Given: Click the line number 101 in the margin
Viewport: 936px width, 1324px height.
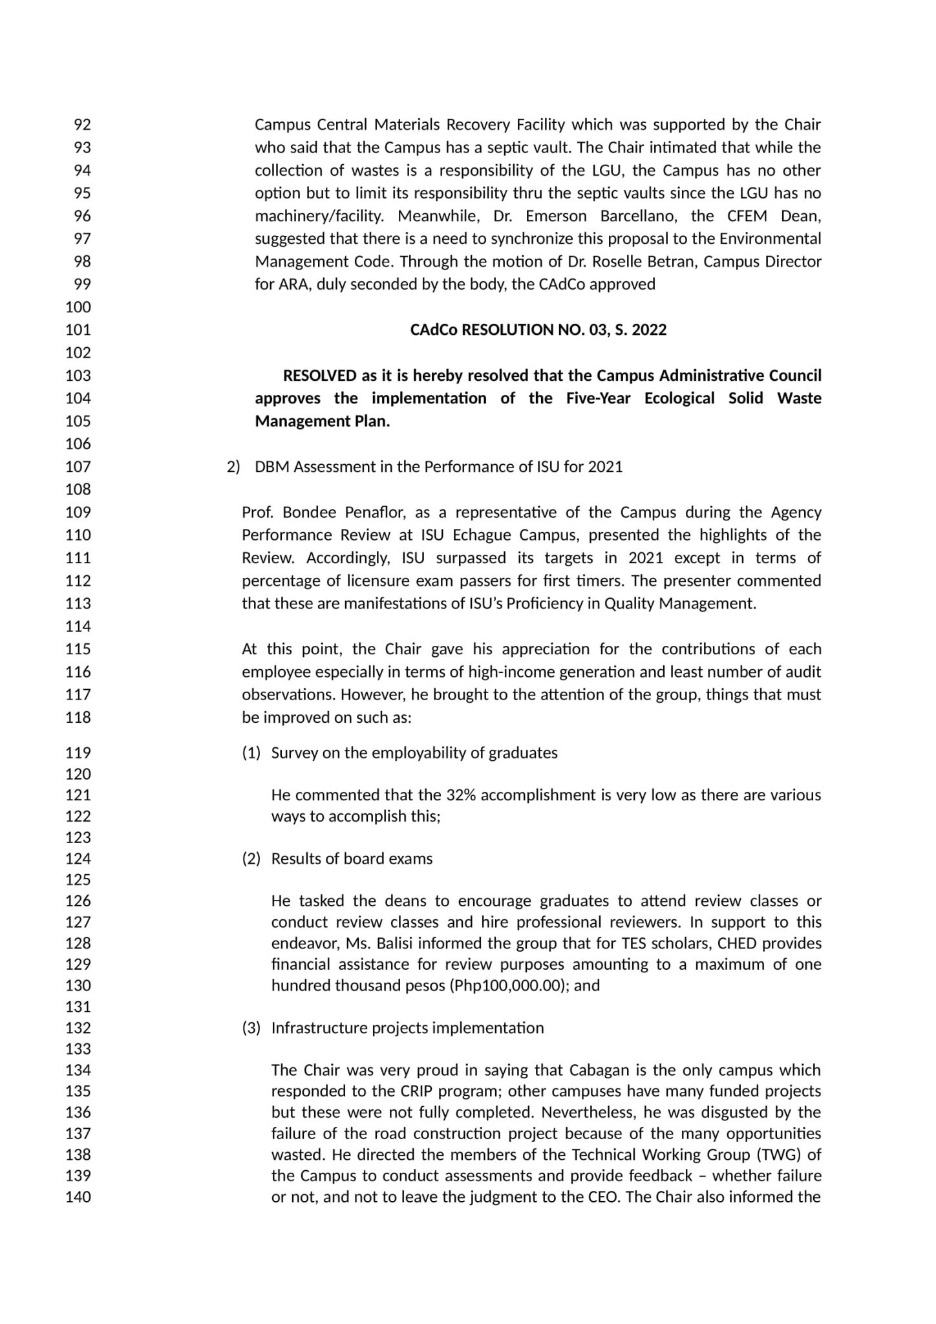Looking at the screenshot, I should (78, 330).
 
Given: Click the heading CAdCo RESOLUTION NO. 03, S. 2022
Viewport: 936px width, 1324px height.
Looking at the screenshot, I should (538, 330).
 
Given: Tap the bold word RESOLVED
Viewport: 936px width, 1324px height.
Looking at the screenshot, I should (319, 376).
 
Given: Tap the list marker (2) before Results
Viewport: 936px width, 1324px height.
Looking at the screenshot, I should (251, 859).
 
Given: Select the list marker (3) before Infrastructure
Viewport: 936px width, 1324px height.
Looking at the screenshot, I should (251, 1028).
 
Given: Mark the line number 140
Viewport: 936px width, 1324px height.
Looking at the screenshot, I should (78, 1197).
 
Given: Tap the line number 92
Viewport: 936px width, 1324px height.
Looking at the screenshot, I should (82, 124).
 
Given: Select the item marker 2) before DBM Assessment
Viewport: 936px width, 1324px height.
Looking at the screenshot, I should (233, 467).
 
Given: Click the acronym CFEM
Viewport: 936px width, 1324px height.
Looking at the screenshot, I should (747, 216).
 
